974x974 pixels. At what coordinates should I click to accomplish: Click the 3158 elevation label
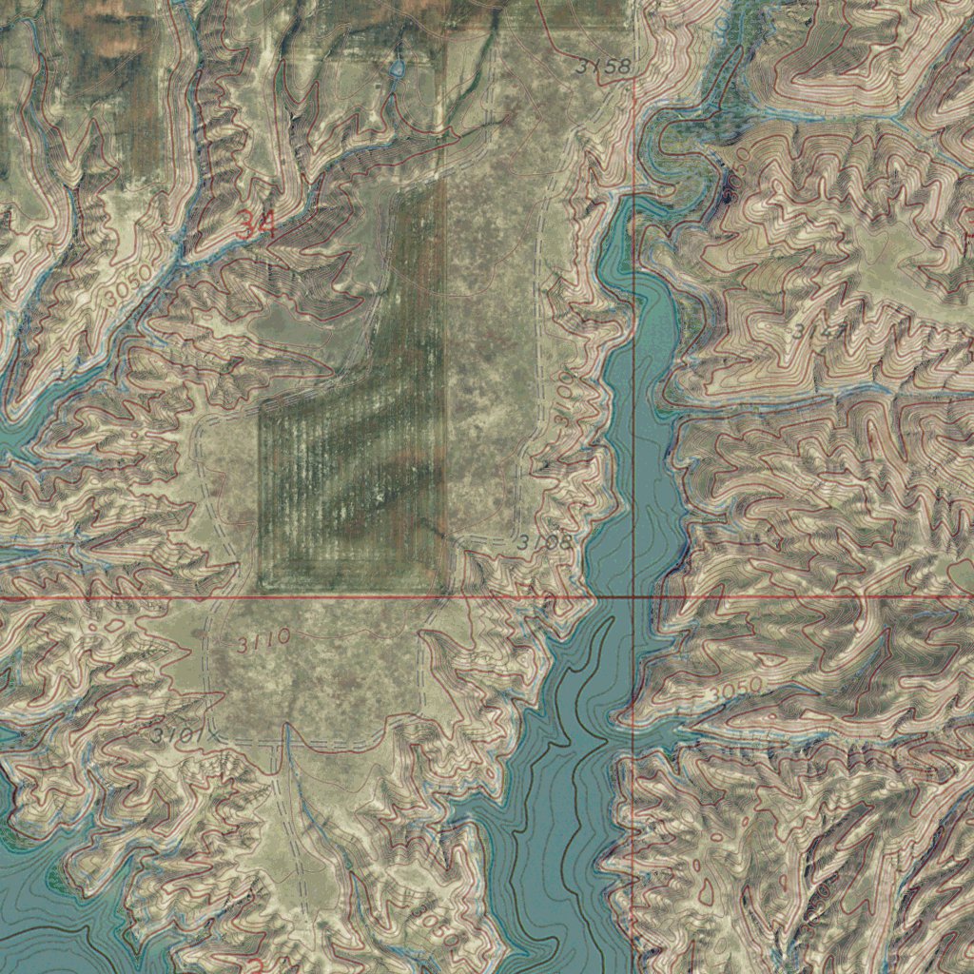tap(603, 66)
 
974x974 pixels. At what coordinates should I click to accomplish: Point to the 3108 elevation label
tap(546, 542)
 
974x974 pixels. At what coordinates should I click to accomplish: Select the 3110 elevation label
tap(263, 642)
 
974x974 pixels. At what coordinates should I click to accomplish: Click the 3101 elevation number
tap(177, 735)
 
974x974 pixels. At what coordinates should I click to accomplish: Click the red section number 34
tap(256, 225)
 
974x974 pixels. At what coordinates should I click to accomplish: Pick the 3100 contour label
tap(568, 391)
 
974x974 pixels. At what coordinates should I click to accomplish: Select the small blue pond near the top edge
tap(397, 68)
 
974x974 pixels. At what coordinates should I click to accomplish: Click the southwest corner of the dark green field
tap(262, 584)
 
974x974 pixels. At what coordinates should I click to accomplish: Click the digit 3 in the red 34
tap(246, 225)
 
